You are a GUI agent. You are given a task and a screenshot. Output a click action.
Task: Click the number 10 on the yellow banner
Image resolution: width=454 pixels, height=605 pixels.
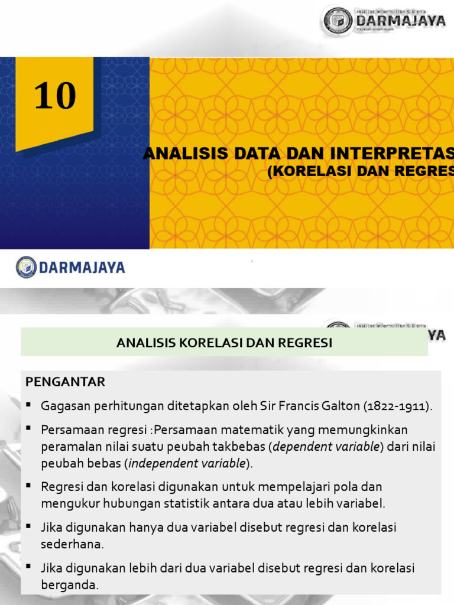click(x=56, y=96)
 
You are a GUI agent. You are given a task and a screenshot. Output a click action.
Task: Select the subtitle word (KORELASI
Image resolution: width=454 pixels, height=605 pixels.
click(x=307, y=171)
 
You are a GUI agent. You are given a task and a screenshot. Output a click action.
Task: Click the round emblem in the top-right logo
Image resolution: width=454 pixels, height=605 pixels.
click(x=338, y=21)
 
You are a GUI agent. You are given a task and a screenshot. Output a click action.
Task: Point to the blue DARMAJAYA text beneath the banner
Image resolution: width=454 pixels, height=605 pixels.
click(x=82, y=268)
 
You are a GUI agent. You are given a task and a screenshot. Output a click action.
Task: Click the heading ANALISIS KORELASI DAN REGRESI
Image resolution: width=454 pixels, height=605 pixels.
click(x=224, y=343)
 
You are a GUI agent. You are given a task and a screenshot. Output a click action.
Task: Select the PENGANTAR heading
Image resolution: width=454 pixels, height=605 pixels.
click(x=65, y=382)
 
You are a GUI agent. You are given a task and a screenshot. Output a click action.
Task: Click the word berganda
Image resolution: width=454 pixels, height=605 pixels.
click(x=68, y=584)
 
